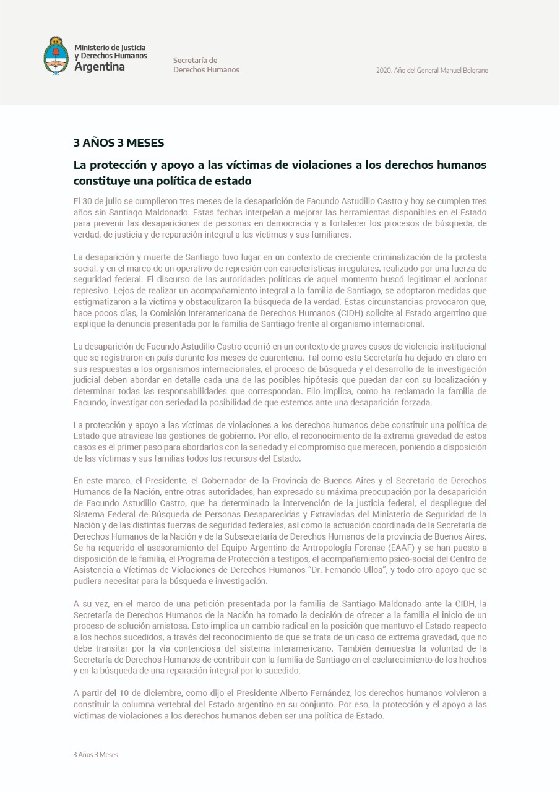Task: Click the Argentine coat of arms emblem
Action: click(56, 56)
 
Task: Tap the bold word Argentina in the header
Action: click(99, 67)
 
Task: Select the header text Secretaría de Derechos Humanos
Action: click(206, 65)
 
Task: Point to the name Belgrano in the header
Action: click(473, 71)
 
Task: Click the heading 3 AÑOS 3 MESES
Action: click(119, 143)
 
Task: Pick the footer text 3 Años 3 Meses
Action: click(95, 755)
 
